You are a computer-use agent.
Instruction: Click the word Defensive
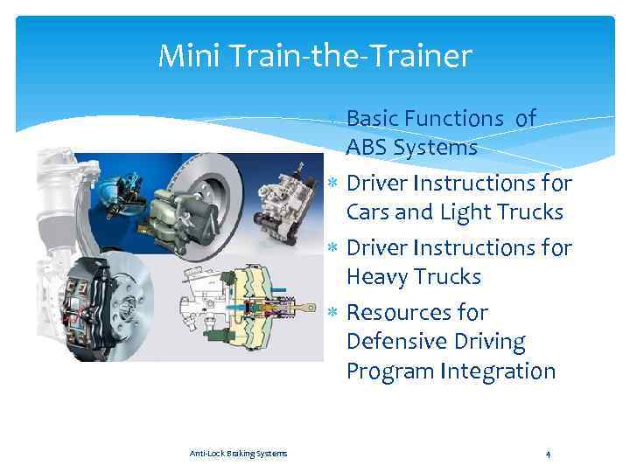pyautogui.click(x=396, y=342)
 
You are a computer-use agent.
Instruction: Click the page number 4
pyautogui.click(x=547, y=453)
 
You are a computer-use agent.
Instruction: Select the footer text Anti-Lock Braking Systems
pyautogui.click(x=238, y=453)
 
